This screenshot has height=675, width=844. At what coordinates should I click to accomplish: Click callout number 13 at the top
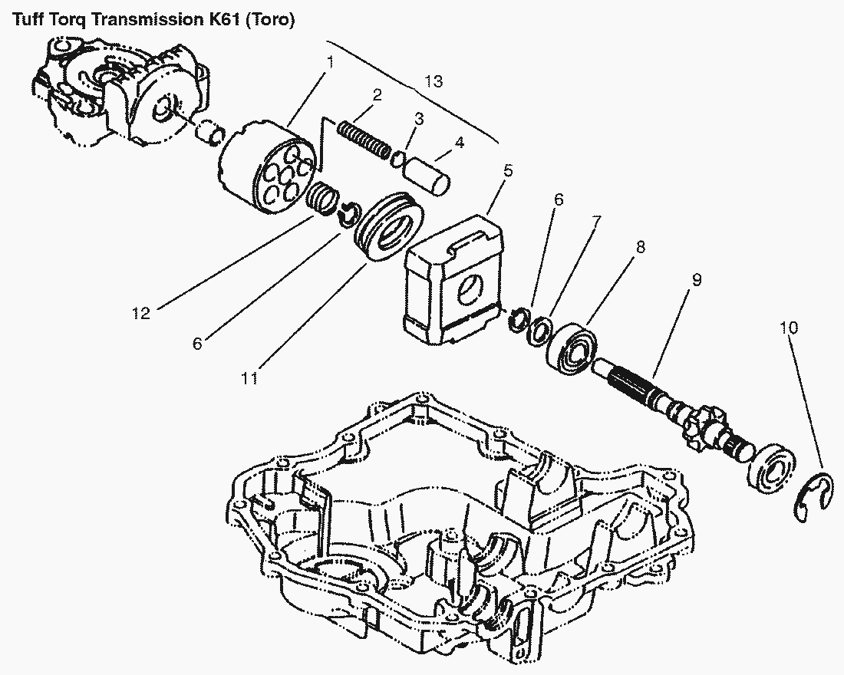click(x=434, y=81)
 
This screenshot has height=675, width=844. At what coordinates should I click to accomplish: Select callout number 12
click(x=141, y=313)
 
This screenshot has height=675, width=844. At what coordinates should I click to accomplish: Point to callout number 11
click(x=248, y=378)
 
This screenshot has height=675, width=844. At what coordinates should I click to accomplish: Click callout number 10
click(x=789, y=328)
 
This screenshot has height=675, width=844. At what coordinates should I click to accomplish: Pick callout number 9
click(x=697, y=280)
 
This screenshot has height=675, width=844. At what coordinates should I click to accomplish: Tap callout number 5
click(x=508, y=171)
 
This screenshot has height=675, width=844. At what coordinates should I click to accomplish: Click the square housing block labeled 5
click(x=453, y=279)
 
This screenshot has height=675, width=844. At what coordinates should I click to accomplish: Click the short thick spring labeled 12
click(x=323, y=198)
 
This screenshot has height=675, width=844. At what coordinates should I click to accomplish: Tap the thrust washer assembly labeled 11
click(x=387, y=226)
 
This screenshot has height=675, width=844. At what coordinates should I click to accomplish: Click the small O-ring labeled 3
click(x=398, y=160)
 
